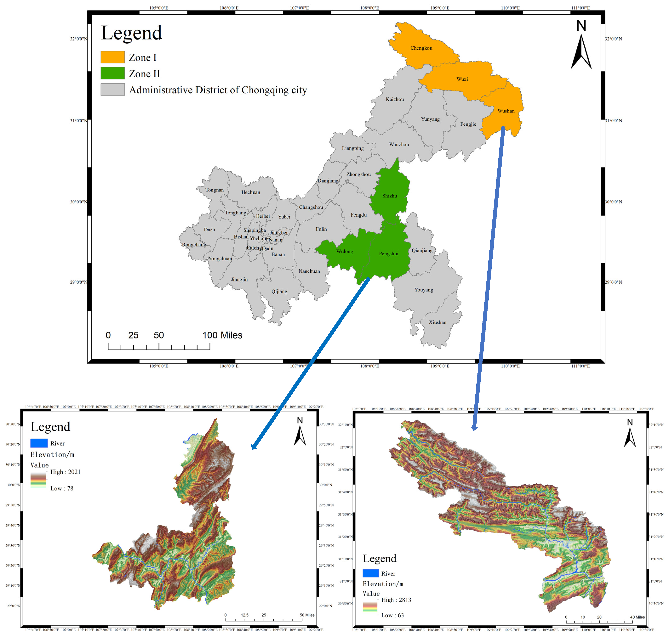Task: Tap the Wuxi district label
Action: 462,79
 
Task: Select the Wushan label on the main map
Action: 506,111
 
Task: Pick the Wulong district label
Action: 344,251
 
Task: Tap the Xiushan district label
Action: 437,322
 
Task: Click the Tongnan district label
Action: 214,190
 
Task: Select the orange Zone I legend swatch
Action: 112,57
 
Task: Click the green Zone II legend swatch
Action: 112,73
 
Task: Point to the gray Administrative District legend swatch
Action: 112,89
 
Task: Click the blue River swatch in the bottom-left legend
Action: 39,443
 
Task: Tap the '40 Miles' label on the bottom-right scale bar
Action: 637,617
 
